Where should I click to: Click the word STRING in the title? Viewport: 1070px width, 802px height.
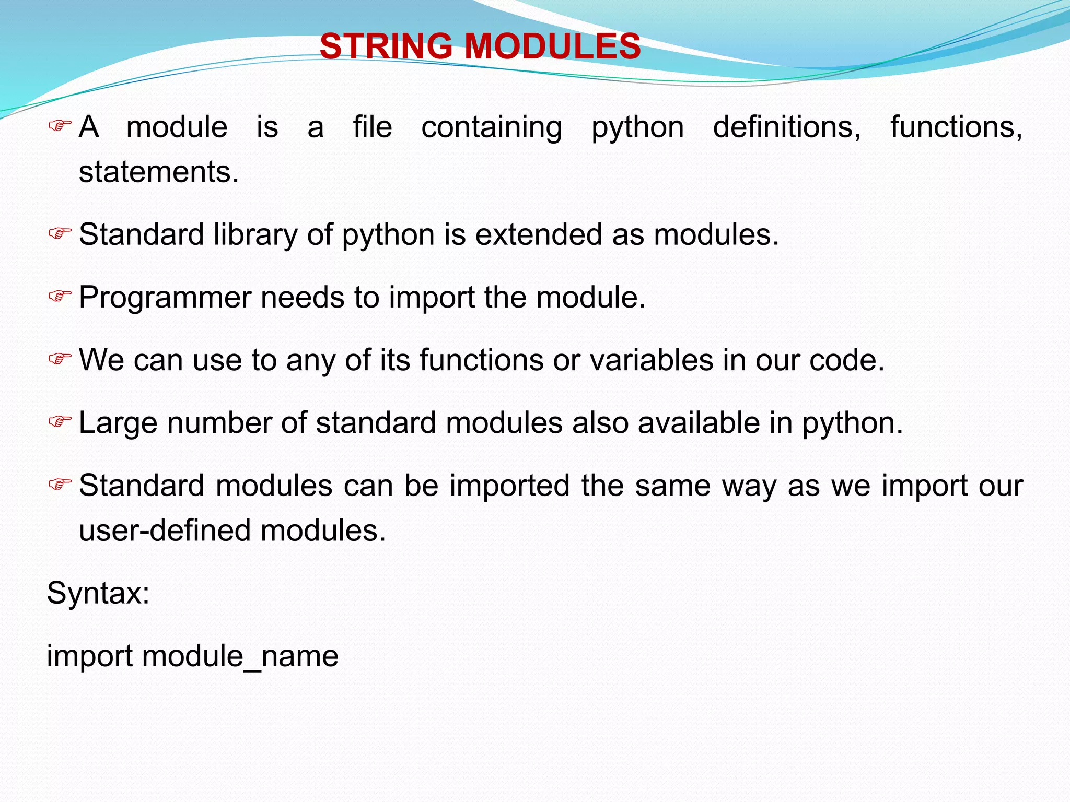point(386,46)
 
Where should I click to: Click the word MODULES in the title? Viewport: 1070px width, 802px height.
point(553,46)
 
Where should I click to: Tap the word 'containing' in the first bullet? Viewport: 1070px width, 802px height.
point(492,127)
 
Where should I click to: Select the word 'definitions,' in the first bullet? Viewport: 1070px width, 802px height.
point(787,127)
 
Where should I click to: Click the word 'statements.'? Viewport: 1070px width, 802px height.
point(159,172)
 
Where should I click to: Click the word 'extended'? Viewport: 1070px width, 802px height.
point(538,234)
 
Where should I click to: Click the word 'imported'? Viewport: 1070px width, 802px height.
point(509,486)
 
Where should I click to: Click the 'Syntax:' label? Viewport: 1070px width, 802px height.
point(98,594)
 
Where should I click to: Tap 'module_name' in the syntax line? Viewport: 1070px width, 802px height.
point(240,656)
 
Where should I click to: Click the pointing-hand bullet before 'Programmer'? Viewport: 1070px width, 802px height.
point(60,297)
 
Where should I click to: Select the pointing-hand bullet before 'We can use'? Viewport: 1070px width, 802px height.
point(60,359)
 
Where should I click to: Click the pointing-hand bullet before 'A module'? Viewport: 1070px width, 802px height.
point(60,126)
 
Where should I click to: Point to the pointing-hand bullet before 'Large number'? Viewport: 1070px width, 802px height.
point(60,421)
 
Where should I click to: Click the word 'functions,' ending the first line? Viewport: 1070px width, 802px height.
point(956,127)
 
